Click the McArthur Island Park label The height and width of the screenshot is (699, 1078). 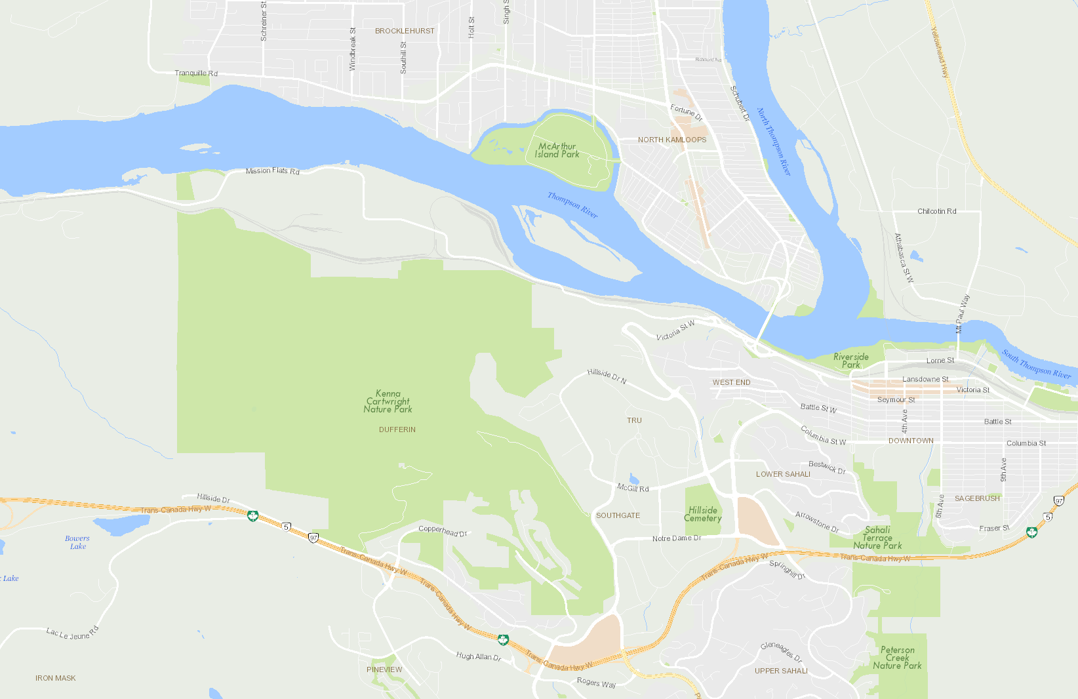click(557, 150)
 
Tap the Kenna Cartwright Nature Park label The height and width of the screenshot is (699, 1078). click(388, 401)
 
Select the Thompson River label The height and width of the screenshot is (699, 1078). click(572, 205)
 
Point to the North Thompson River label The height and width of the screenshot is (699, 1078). click(774, 142)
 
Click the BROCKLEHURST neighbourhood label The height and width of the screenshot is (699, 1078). click(405, 31)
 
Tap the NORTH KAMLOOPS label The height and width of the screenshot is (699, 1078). click(672, 140)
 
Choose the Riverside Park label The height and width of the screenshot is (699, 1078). click(851, 361)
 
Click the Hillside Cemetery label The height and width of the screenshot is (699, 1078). click(703, 514)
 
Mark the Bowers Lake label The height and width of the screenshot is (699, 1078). click(77, 542)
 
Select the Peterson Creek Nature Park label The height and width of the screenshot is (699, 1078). click(897, 658)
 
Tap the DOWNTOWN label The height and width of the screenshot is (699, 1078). click(911, 441)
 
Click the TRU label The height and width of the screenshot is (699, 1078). click(634, 420)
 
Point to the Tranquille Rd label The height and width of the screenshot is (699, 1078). click(196, 73)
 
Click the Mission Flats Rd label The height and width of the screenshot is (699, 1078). click(272, 171)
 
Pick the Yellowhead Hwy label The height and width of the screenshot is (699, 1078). click(940, 52)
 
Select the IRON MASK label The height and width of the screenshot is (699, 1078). click(56, 678)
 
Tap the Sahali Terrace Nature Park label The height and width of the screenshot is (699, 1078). click(877, 538)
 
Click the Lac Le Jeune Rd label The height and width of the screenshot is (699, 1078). click(72, 633)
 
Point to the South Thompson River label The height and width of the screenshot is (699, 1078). click(1036, 365)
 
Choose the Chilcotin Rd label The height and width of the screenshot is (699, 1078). click(936, 211)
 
